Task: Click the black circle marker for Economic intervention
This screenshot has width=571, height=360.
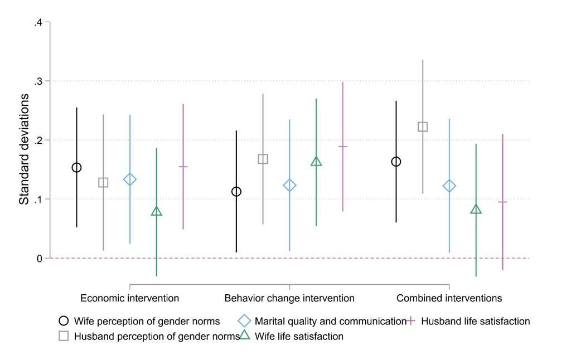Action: click(x=76, y=168)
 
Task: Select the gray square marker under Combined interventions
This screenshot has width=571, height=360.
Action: click(x=423, y=127)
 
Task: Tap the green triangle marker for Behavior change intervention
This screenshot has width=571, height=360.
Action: click(x=316, y=162)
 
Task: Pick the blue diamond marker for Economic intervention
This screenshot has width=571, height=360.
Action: click(x=130, y=179)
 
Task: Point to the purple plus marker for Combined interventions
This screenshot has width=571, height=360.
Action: click(x=502, y=202)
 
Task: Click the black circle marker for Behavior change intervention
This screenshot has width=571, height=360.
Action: click(x=236, y=192)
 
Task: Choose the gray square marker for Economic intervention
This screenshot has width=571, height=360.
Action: click(x=103, y=182)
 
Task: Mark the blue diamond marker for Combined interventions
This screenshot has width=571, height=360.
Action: click(x=449, y=186)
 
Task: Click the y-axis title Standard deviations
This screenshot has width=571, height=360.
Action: click(x=25, y=149)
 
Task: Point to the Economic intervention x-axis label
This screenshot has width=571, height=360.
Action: click(x=130, y=298)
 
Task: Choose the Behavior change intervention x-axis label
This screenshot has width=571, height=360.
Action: click(x=289, y=298)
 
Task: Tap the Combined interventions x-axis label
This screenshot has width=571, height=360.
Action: click(x=449, y=298)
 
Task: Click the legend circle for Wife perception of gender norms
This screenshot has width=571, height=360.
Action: click(x=64, y=321)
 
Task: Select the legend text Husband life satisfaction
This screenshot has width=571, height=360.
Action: click(x=476, y=321)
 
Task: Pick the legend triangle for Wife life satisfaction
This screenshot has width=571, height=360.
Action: click(x=244, y=335)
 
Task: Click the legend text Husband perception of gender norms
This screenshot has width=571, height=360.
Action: click(x=157, y=336)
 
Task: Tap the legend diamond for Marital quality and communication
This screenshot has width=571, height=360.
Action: click(x=244, y=321)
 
